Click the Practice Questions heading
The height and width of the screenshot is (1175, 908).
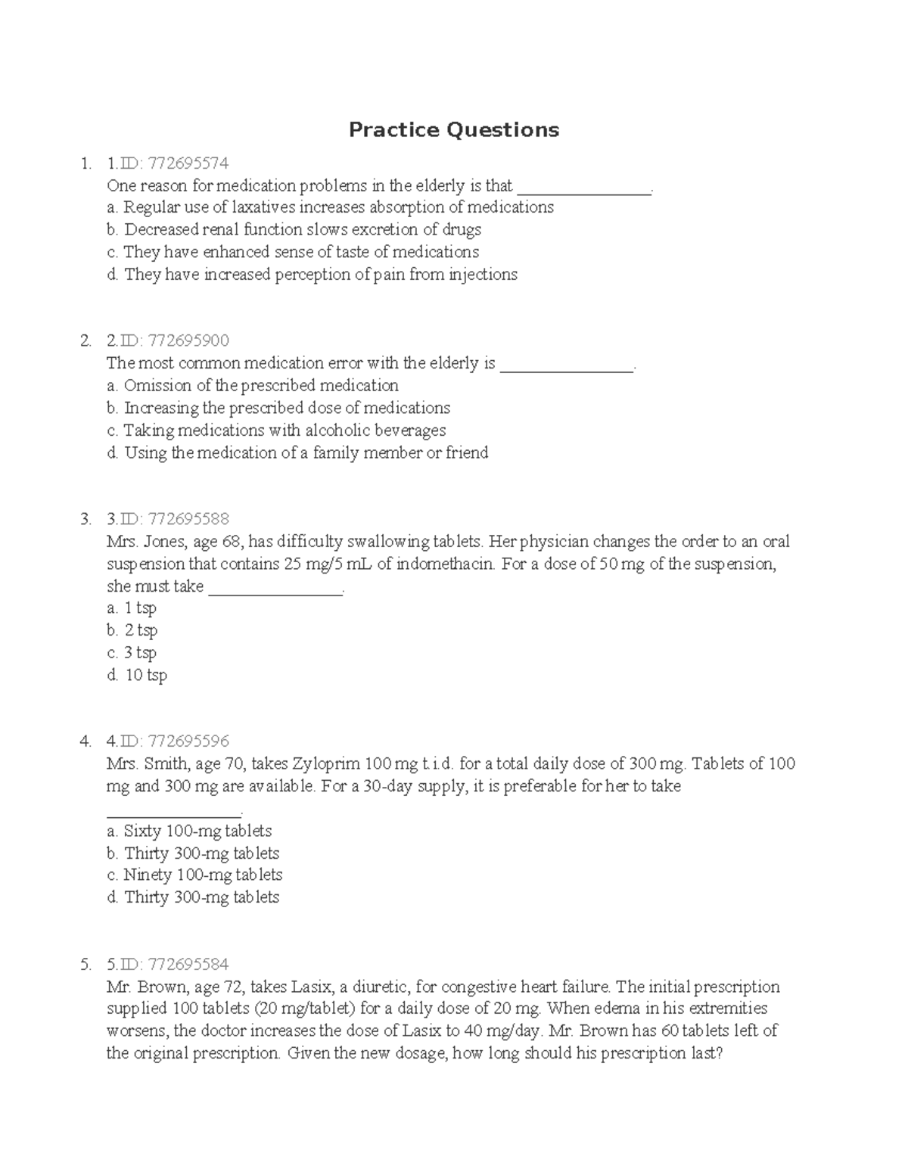click(453, 130)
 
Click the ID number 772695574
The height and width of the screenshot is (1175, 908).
click(188, 163)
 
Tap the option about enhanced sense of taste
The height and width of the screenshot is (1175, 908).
click(293, 252)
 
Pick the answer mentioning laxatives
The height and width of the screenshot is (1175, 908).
click(330, 207)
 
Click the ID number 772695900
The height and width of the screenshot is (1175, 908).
click(188, 341)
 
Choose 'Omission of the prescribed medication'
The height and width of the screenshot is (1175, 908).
click(253, 386)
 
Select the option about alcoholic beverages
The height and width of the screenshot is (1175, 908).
click(276, 431)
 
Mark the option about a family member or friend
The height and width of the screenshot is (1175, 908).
click(297, 453)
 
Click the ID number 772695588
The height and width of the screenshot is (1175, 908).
click(188, 519)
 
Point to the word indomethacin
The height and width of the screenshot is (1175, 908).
click(443, 564)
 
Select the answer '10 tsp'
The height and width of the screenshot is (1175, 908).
click(137, 675)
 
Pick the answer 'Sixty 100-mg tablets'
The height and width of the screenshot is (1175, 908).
click(189, 831)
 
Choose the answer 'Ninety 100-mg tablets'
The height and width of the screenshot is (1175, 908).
click(194, 875)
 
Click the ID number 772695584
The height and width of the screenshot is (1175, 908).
click(188, 965)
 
